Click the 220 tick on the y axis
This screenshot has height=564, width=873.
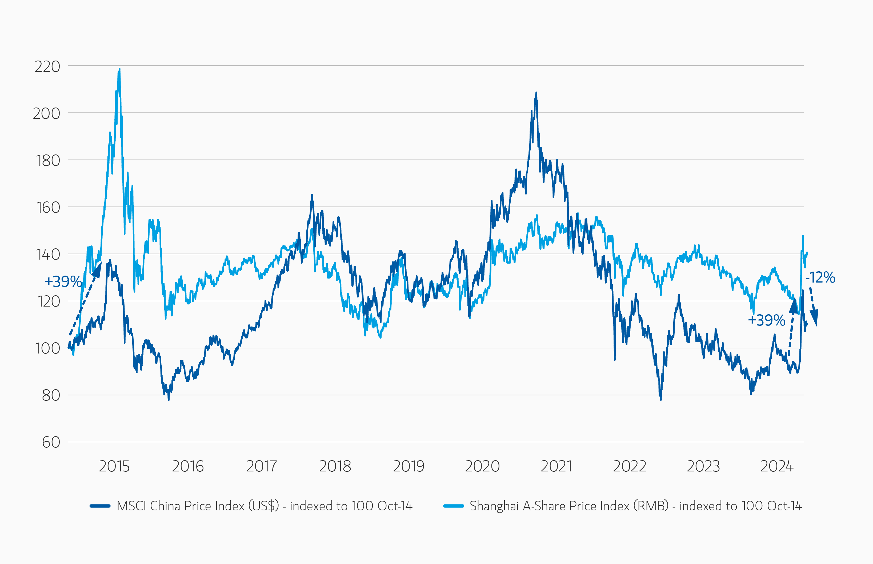47,67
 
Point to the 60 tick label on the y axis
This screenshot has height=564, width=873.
51,442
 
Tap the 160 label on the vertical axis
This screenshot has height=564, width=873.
48,208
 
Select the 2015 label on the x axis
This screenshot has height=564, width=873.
114,466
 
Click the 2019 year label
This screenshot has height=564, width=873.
409,466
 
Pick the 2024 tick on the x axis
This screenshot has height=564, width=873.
777,466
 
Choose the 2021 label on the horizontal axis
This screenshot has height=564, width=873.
556,466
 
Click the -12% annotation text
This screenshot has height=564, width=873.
820,278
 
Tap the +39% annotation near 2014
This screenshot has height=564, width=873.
63,282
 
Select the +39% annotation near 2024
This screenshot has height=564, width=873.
767,320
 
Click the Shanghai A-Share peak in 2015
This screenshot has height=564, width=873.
119,69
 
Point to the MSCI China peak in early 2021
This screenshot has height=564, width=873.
536,93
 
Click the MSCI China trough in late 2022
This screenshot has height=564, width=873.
661,399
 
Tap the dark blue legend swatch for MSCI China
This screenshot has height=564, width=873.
100,506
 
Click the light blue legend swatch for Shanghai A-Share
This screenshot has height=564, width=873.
454,506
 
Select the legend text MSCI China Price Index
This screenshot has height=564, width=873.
264,506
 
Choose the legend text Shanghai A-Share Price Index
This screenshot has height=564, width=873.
636,506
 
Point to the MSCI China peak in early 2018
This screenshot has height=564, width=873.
312,195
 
